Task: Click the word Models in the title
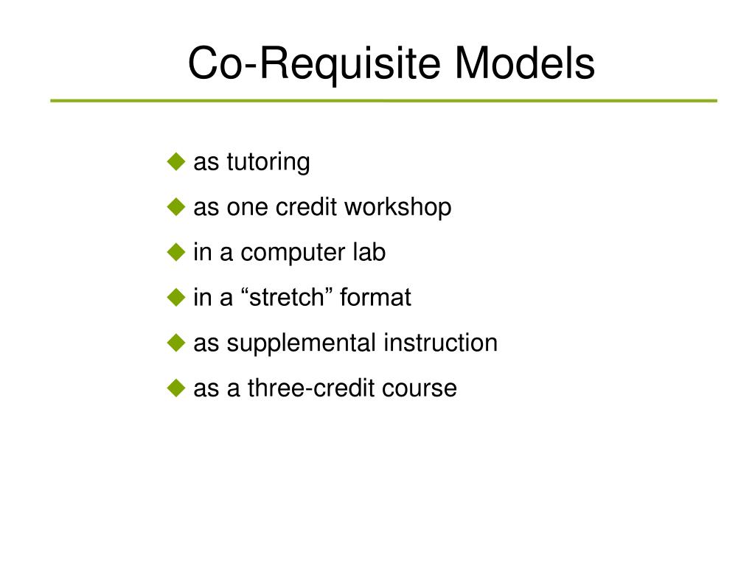pyautogui.click(x=524, y=63)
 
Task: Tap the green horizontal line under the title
pyautogui.click(x=383, y=100)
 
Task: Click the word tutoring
pyautogui.click(x=268, y=163)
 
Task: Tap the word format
pyautogui.click(x=375, y=298)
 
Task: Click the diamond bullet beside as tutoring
pyautogui.click(x=175, y=161)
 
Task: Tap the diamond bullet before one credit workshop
pyautogui.click(x=175, y=207)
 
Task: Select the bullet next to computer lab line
pyautogui.click(x=175, y=252)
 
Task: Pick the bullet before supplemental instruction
pyautogui.click(x=175, y=343)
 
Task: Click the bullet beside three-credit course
pyautogui.click(x=175, y=388)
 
